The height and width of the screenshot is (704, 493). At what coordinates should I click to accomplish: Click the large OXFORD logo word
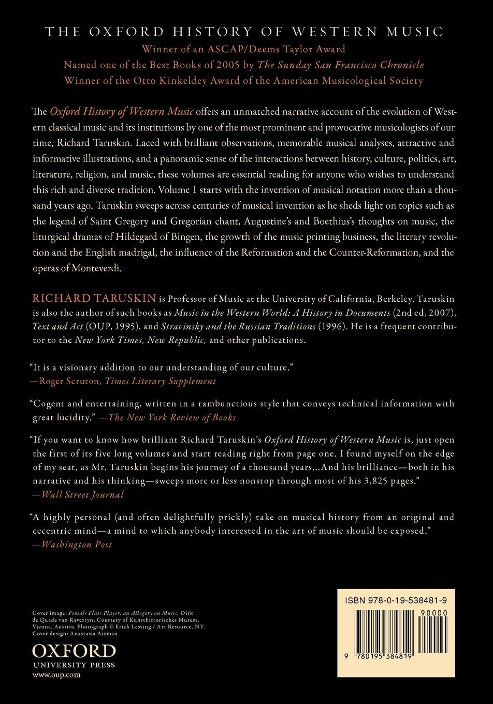[x=74, y=651]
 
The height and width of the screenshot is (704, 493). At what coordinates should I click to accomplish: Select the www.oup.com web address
[x=49, y=675]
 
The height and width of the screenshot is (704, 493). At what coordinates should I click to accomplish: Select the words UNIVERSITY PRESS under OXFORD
[x=74, y=665]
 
